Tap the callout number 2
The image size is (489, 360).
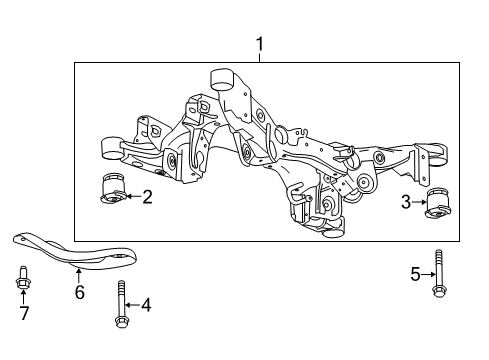point(146,197)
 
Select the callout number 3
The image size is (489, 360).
point(405,203)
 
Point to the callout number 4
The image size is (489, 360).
point(145,304)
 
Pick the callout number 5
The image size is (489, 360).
point(416,272)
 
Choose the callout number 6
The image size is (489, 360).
point(80,292)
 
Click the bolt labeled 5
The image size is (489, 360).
point(438,270)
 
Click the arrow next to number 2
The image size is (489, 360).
point(131,197)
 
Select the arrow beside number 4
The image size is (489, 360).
point(132,304)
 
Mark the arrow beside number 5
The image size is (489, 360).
point(427,272)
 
